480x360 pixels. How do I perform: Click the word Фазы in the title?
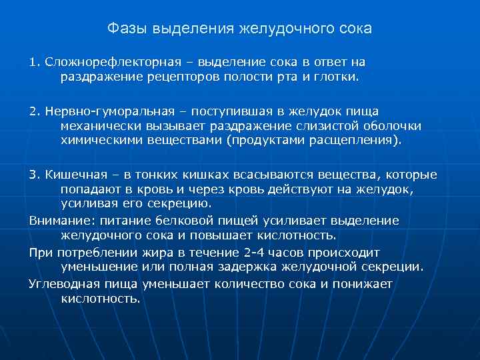click(x=128, y=29)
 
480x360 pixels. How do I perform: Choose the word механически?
click(x=100, y=125)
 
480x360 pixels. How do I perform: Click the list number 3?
click(x=33, y=175)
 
